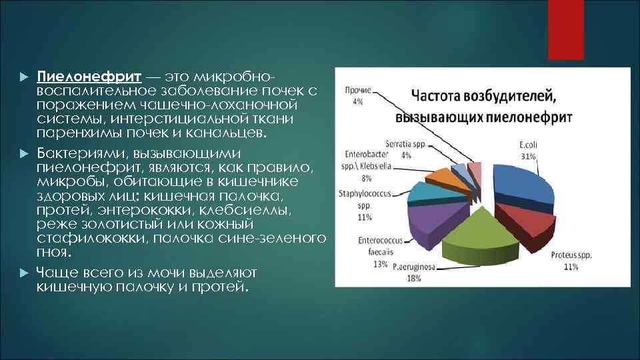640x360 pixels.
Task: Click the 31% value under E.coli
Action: [528, 156]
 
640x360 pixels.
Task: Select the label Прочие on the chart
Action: [359, 90]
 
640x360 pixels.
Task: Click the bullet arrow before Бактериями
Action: [24, 153]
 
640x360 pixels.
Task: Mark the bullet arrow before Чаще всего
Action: [24, 273]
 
